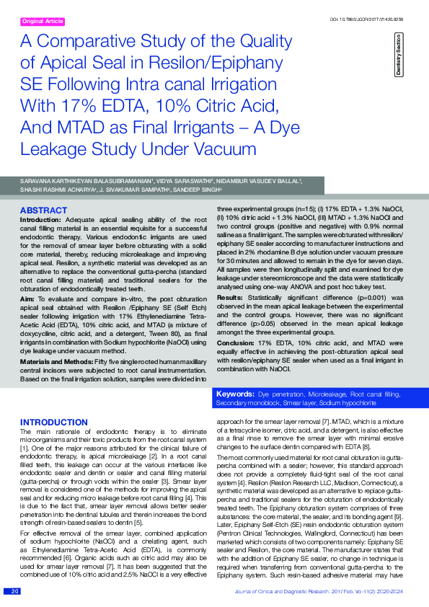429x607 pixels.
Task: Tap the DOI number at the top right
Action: pos(376,18)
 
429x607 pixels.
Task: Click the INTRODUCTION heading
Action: pos(55,422)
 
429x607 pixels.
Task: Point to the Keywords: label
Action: pos(236,396)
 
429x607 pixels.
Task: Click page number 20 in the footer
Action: pos(14,592)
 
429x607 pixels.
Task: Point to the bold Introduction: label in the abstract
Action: pos(40,219)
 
